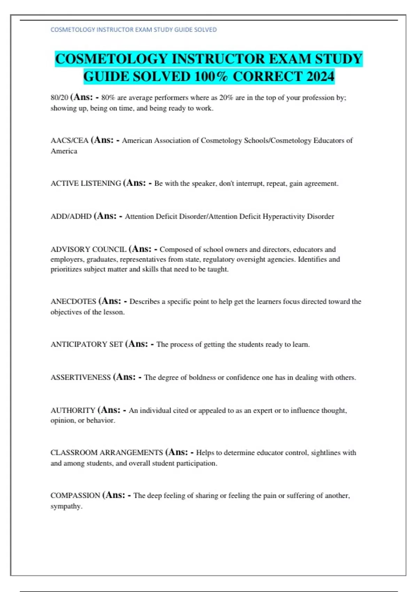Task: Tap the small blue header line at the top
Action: point(133,30)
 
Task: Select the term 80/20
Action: point(59,98)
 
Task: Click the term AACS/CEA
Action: point(69,141)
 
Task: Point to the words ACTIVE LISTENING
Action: point(86,184)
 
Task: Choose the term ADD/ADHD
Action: point(71,217)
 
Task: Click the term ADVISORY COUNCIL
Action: point(88,250)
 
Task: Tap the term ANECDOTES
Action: point(73,302)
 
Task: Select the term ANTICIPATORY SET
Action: point(87,344)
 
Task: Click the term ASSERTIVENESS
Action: point(80,377)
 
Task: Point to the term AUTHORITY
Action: point(73,411)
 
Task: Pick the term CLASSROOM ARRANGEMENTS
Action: point(107,453)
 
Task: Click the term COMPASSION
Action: point(75,496)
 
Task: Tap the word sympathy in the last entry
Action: point(66,506)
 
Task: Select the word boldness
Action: point(202,377)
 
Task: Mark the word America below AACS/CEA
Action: point(64,151)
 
